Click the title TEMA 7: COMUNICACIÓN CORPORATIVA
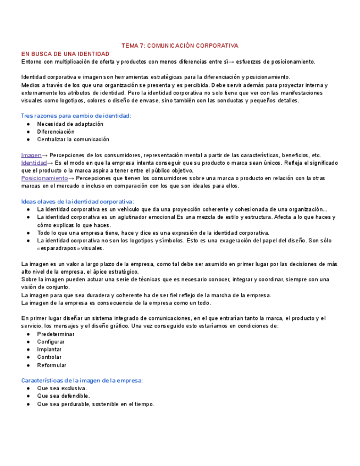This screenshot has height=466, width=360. pyautogui.click(x=180, y=46)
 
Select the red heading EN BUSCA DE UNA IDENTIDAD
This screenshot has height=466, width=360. pyautogui.click(x=65, y=54)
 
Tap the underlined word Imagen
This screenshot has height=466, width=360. pyautogui.click(x=31, y=155)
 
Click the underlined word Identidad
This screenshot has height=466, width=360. pyautogui.click(x=34, y=163)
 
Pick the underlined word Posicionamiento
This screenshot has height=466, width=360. pyautogui.click(x=45, y=178)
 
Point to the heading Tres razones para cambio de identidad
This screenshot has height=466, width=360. pyautogui.click(x=76, y=116)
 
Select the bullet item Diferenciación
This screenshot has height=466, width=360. pyautogui.click(x=56, y=132)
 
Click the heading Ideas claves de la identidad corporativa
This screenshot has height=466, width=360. pyautogui.click(x=77, y=202)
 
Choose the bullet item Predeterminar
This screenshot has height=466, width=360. pyautogui.click(x=56, y=334)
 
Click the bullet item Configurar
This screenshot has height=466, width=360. pyautogui.click(x=51, y=342)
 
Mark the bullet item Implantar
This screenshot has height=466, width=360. pyautogui.click(x=49, y=349)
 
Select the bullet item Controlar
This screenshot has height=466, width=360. pyautogui.click(x=49, y=357)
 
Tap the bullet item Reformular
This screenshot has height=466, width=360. pyautogui.click(x=52, y=365)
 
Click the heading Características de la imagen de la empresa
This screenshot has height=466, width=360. pyautogui.click(x=82, y=380)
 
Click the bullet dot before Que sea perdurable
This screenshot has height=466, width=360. pyautogui.click(x=28, y=404)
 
